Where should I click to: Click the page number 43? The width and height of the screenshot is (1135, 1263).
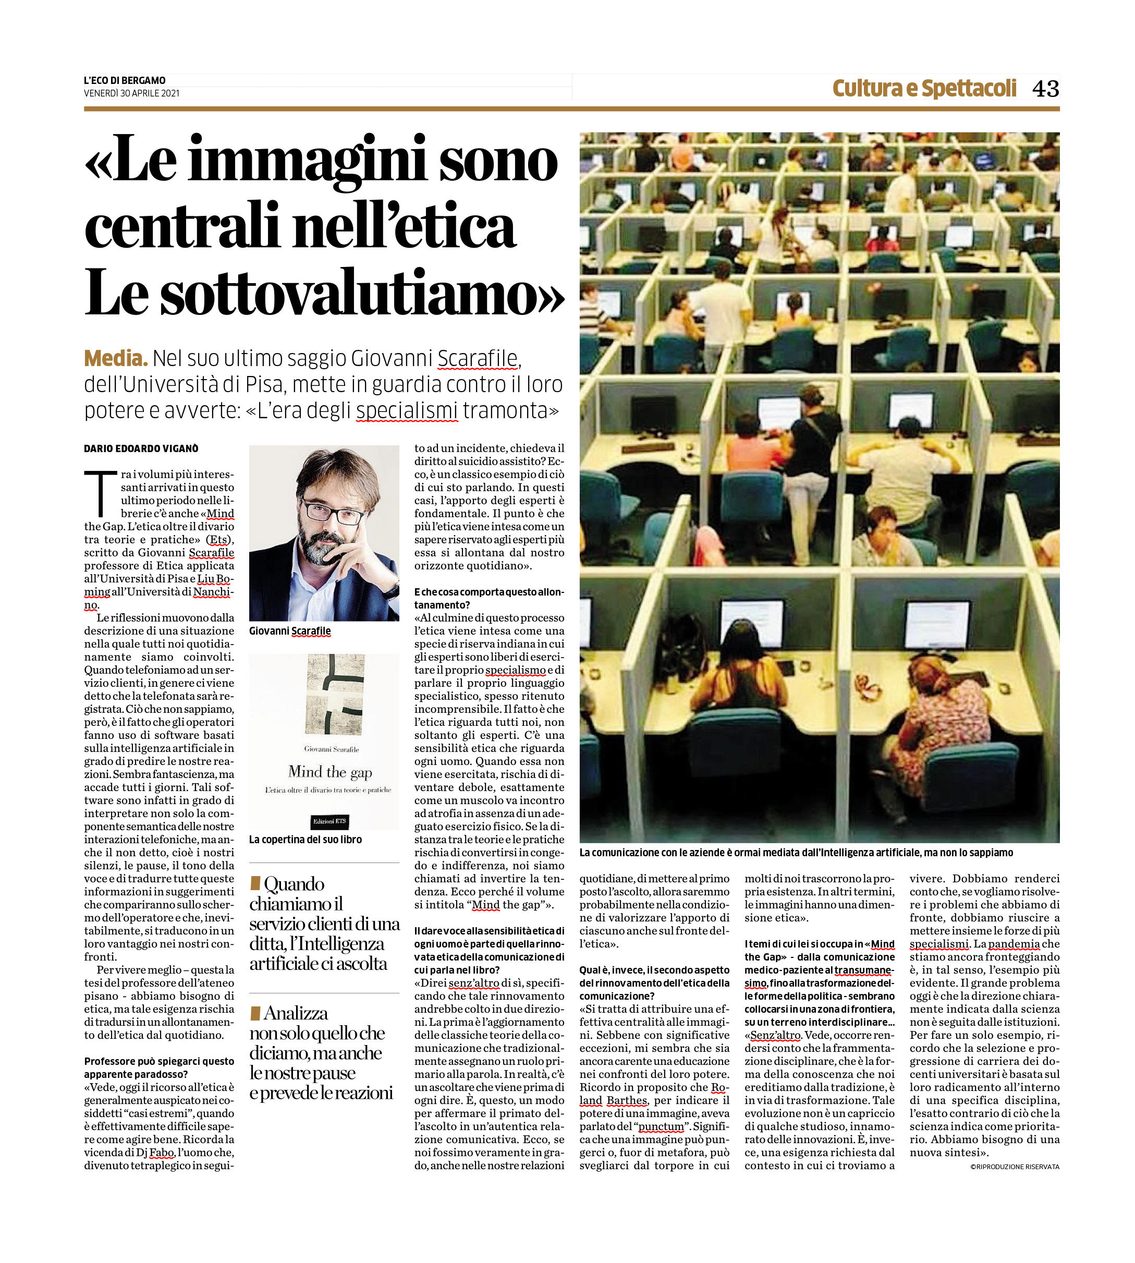[1045, 89]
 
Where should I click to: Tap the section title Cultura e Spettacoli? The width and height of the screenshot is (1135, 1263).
[924, 89]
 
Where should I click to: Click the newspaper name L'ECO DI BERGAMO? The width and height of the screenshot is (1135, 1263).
[125, 80]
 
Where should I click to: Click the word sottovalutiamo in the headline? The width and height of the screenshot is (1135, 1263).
[349, 294]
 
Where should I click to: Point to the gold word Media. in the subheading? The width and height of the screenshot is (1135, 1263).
[115, 359]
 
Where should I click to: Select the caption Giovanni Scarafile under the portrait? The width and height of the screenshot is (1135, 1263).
[290, 630]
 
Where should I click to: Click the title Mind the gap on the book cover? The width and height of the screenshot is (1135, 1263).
[330, 772]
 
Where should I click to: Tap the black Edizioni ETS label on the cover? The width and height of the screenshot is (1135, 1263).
[330, 821]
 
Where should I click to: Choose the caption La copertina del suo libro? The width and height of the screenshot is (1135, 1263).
[305, 840]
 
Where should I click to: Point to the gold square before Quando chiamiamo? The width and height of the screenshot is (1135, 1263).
[254, 883]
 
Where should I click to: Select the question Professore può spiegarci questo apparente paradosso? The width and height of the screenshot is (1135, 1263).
[159, 1067]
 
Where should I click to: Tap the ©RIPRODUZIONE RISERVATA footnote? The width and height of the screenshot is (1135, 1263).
[1014, 1167]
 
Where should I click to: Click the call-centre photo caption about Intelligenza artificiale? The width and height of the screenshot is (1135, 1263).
[796, 853]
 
